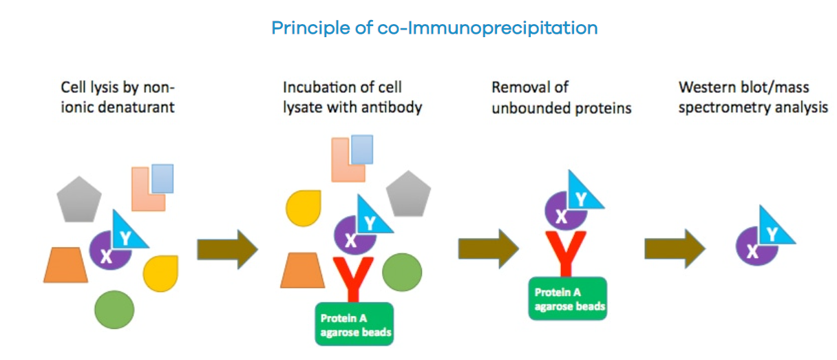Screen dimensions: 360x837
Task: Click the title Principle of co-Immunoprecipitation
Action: tap(434, 28)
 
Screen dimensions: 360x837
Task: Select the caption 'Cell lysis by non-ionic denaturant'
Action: tap(118, 97)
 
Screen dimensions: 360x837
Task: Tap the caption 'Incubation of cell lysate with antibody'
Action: tap(352, 97)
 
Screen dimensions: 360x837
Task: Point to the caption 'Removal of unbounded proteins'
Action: tap(561, 97)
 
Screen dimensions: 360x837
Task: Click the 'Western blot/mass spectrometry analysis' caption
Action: tap(753, 97)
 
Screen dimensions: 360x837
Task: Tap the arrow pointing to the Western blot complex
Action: tap(675, 248)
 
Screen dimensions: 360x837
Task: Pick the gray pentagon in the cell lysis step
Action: tap(78, 200)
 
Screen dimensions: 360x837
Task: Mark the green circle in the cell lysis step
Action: tap(114, 310)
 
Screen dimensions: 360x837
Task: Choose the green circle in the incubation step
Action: tap(402, 273)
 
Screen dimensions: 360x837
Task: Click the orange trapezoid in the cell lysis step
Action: tap(65, 265)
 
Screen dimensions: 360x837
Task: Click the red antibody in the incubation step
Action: tap(353, 278)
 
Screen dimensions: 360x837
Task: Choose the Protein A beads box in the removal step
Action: tap(568, 298)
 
